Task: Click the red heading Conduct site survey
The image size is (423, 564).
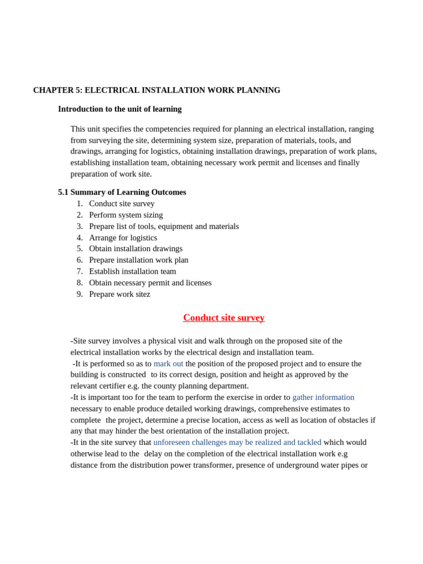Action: point(224,318)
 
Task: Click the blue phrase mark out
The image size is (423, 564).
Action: point(168,364)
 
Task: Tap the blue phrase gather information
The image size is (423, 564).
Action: point(323,397)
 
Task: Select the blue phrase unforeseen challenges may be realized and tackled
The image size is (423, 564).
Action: point(237,442)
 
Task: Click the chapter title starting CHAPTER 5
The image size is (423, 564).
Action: point(156,90)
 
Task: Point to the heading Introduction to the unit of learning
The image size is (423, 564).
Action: point(120,109)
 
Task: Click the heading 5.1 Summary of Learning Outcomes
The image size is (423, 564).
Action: point(122,192)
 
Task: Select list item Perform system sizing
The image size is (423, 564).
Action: point(126,215)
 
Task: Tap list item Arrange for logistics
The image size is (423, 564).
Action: point(123,237)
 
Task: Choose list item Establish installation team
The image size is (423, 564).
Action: point(132,271)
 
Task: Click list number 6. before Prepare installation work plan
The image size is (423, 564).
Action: point(80,260)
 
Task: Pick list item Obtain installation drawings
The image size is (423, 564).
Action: point(135,248)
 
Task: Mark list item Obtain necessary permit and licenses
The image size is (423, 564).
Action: point(150,283)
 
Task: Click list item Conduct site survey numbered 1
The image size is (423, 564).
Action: point(122,204)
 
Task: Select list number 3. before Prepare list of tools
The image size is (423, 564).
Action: point(80,226)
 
